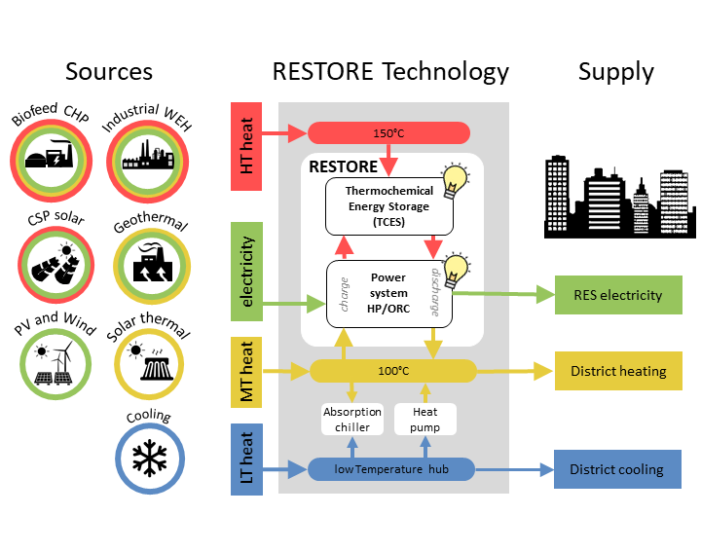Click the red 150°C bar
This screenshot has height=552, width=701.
(x=388, y=133)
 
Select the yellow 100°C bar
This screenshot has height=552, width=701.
(x=392, y=370)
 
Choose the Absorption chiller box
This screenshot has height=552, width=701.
(x=351, y=420)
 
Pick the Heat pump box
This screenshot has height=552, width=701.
(x=424, y=420)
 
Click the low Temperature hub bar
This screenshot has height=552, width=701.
(x=391, y=469)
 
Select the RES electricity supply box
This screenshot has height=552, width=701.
(x=617, y=295)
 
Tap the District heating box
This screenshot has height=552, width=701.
(x=617, y=371)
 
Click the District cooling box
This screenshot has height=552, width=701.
(x=617, y=469)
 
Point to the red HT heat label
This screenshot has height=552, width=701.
(x=246, y=145)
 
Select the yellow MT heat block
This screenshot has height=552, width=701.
(x=246, y=371)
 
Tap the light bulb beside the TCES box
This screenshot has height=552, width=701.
(x=454, y=181)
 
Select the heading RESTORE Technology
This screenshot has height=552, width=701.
(x=390, y=71)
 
